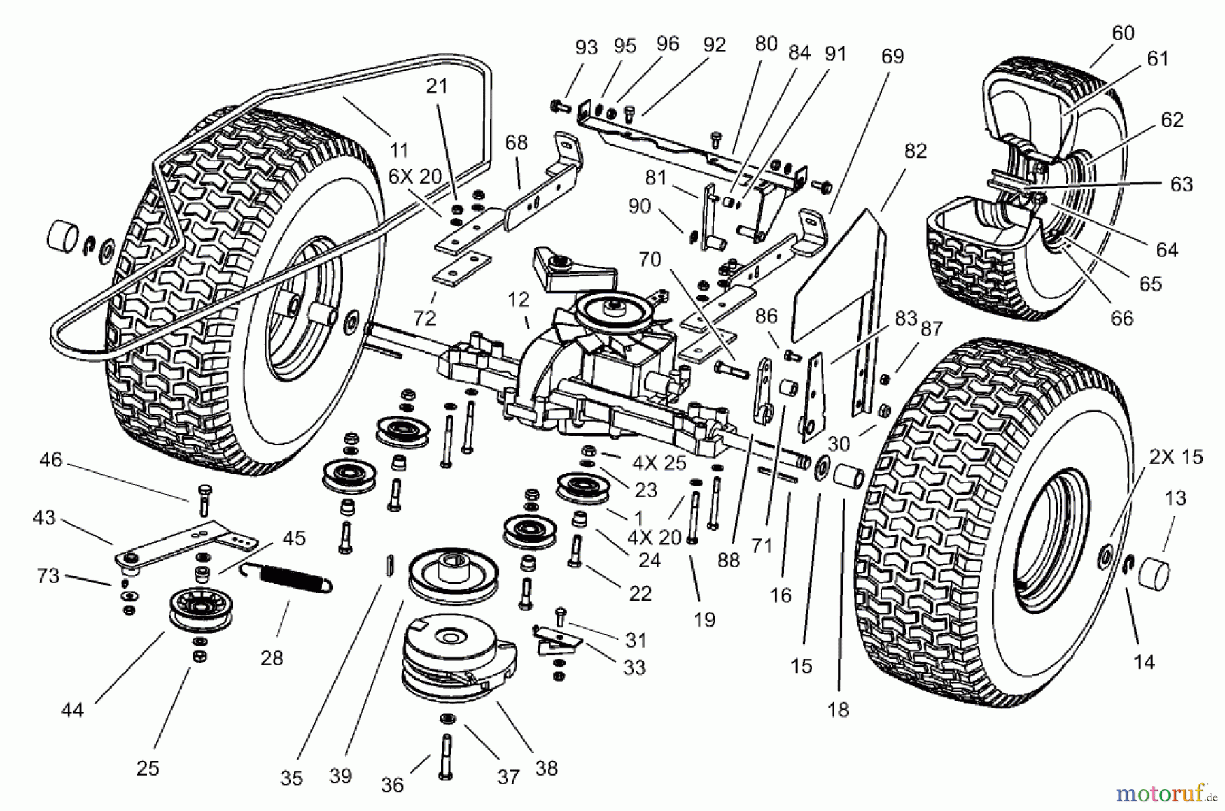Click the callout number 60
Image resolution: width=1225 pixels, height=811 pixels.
click(x=1124, y=33)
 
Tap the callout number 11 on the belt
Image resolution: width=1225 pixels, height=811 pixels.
click(x=399, y=150)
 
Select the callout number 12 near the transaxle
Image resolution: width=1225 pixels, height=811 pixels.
click(x=518, y=299)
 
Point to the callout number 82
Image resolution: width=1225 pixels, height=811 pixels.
click(x=915, y=151)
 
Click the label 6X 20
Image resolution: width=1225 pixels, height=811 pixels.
click(x=415, y=177)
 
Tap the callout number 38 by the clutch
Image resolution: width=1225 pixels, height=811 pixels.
click(x=546, y=768)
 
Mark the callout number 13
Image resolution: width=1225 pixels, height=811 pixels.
click(x=1175, y=498)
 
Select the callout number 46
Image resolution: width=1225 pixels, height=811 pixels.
click(x=51, y=460)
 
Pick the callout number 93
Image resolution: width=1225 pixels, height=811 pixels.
click(x=586, y=48)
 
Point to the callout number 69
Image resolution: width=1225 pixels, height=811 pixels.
click(x=892, y=56)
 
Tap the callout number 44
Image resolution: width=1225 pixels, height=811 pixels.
click(x=72, y=710)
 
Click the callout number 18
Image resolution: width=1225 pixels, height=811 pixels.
click(x=838, y=710)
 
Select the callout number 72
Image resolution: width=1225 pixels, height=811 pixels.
click(x=425, y=318)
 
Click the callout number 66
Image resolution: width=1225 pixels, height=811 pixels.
click(x=1122, y=318)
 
